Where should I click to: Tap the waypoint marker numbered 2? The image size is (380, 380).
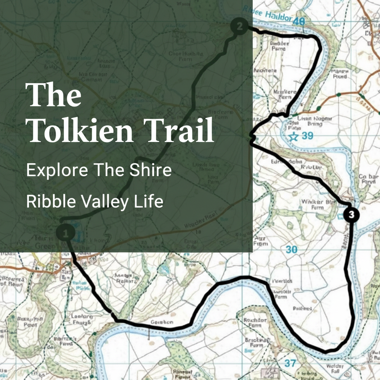pyautogui.click(x=239, y=26)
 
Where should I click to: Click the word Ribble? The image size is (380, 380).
pyautogui.click(x=50, y=202)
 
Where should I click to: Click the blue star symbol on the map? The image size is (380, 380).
pyautogui.click(x=294, y=137)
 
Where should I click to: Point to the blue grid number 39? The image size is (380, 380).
pyautogui.click(x=308, y=136)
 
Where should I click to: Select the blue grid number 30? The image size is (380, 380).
pyautogui.click(x=291, y=250)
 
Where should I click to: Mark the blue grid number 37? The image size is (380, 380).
pyautogui.click(x=291, y=363)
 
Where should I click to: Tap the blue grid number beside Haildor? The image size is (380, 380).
pyautogui.click(x=298, y=22)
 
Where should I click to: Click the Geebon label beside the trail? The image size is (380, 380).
pyautogui.click(x=162, y=322)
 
